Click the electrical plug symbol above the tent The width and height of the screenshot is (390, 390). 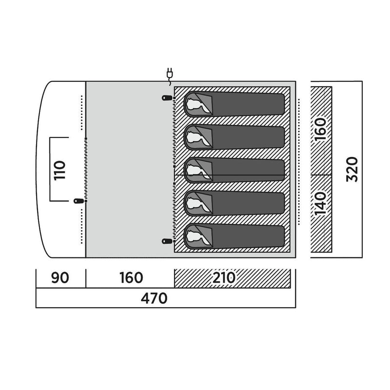pyautogui.click(x=170, y=76)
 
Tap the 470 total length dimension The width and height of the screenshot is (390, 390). pyautogui.click(x=154, y=298)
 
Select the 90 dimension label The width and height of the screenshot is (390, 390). pyautogui.click(x=60, y=278)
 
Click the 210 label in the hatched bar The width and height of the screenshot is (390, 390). pyautogui.click(x=224, y=277)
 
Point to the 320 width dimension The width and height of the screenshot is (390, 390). pyautogui.click(x=352, y=169)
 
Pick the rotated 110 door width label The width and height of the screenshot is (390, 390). pyautogui.click(x=59, y=171)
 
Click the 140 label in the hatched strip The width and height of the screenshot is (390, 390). pyautogui.click(x=320, y=203)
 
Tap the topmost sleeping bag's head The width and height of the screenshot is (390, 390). pyautogui.click(x=196, y=104)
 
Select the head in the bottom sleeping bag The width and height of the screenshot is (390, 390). pyautogui.click(x=196, y=236)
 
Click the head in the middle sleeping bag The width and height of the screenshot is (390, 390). pyautogui.click(x=196, y=170)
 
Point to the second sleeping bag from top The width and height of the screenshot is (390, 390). pyautogui.click(x=234, y=137)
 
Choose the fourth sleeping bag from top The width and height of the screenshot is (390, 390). pyautogui.click(x=234, y=203)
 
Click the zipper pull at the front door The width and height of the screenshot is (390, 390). pyautogui.click(x=78, y=201)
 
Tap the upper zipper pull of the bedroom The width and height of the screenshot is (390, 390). pyautogui.click(x=167, y=98)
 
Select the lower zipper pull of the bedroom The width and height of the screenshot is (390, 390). pyautogui.click(x=167, y=241)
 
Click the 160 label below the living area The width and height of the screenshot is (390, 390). pyautogui.click(x=131, y=278)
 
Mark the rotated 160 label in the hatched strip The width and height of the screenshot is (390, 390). pyautogui.click(x=320, y=130)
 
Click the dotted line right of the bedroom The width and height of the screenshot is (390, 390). pyautogui.click(x=299, y=162)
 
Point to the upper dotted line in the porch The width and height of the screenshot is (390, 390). pyautogui.click(x=81, y=113)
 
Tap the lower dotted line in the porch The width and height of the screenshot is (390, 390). pyautogui.click(x=81, y=226)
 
